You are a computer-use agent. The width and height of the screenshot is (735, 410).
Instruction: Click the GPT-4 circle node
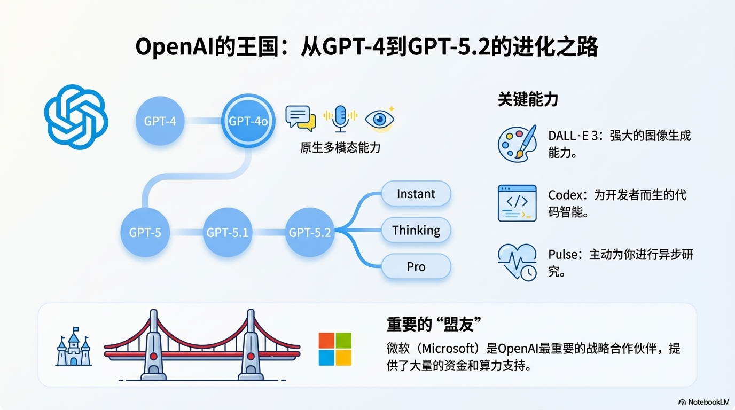[160, 121]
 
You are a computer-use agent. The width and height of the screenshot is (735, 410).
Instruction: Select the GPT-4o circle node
[248, 121]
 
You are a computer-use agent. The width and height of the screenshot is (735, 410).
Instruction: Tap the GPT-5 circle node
[145, 232]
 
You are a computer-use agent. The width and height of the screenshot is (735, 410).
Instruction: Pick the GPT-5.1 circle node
[227, 232]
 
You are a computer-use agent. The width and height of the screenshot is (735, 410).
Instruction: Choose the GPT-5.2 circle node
[310, 232]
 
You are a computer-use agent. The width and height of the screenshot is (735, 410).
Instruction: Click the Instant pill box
[416, 194]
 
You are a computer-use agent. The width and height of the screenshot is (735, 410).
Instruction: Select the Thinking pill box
[416, 231]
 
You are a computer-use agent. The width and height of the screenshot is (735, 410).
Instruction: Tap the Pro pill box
[416, 266]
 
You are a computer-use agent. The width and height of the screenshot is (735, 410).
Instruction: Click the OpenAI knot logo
[76, 117]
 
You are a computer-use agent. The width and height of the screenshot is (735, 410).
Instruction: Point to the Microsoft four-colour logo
[335, 349]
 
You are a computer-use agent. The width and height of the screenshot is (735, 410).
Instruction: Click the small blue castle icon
[74, 347]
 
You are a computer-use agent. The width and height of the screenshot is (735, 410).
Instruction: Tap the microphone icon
[340, 117]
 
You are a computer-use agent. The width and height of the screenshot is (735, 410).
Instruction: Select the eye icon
[380, 117]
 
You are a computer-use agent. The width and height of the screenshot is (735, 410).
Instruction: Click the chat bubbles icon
[301, 117]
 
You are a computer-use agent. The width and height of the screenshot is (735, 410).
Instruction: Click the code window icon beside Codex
[517, 203]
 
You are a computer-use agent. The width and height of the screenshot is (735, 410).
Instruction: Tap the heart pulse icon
[517, 262]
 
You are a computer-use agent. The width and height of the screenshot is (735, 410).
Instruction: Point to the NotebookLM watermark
[703, 402]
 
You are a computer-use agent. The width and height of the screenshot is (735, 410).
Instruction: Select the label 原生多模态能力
[340, 148]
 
